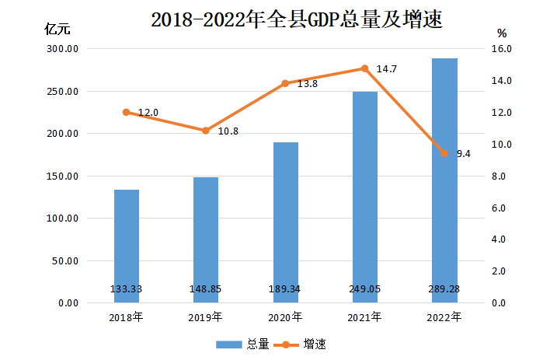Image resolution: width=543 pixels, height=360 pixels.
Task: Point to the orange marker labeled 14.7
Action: point(364,68)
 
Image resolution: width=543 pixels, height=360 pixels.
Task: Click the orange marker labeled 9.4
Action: point(444,153)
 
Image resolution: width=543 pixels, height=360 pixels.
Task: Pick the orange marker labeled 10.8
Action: point(206,131)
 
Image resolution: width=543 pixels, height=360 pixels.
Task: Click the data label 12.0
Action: point(148,113)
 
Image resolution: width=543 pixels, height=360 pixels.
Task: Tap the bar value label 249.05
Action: point(364,289)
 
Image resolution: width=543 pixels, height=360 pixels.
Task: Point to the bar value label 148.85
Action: point(206,289)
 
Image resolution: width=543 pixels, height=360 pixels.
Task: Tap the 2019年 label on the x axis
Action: point(206,317)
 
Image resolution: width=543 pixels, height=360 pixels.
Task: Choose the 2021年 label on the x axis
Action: point(364,317)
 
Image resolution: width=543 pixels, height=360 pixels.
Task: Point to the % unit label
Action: point(502,33)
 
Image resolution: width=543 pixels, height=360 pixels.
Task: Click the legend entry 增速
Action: point(314,344)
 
